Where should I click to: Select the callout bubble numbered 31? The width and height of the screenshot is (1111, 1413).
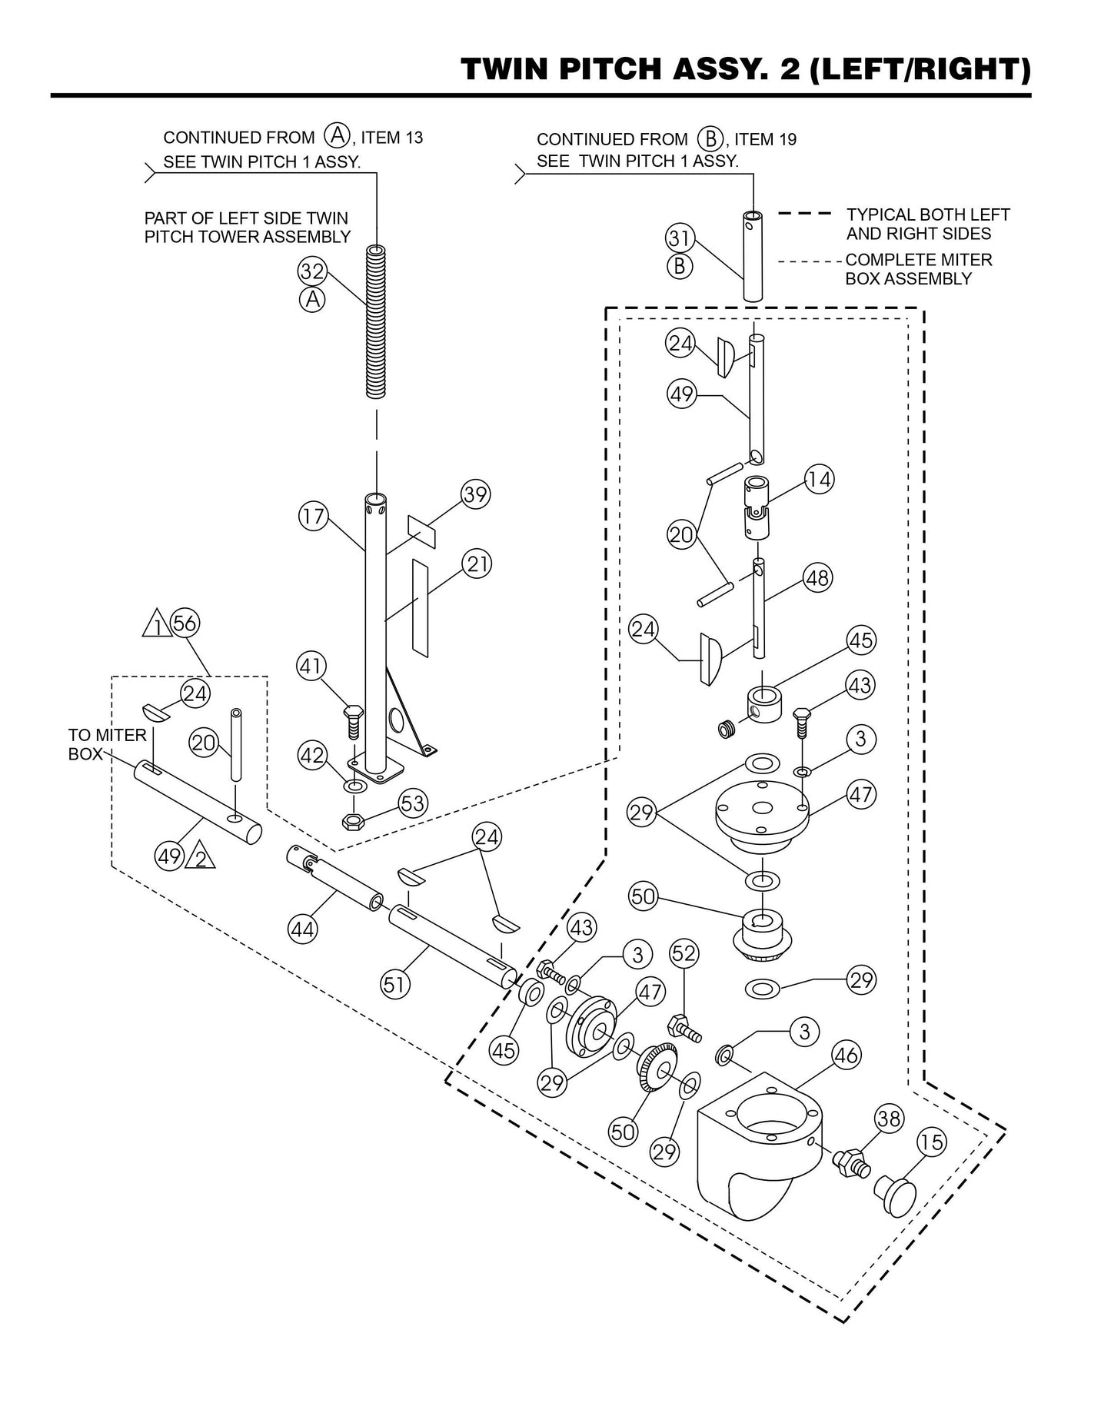[x=679, y=238]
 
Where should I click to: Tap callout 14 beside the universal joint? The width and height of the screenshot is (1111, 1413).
[x=820, y=480]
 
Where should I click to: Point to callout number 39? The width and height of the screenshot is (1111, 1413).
[x=476, y=494]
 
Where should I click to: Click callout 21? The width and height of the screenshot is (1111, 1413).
[x=477, y=564]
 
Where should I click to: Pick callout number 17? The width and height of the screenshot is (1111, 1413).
[x=313, y=515]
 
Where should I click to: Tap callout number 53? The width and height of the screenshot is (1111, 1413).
[x=413, y=804]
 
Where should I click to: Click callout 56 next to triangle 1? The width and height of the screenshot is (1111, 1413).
[x=185, y=623]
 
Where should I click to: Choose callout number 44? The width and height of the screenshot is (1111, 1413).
[x=302, y=929]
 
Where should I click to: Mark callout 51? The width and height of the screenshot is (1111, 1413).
[x=396, y=985]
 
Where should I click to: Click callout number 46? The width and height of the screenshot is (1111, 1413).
[x=846, y=1056]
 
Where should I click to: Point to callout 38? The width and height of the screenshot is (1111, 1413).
[x=889, y=1119]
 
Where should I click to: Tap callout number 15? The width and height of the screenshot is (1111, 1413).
[x=931, y=1142]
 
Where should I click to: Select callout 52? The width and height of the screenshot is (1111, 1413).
[x=684, y=954]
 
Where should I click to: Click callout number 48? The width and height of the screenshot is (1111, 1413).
[x=817, y=577]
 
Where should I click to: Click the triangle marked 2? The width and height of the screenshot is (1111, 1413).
[x=201, y=856]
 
